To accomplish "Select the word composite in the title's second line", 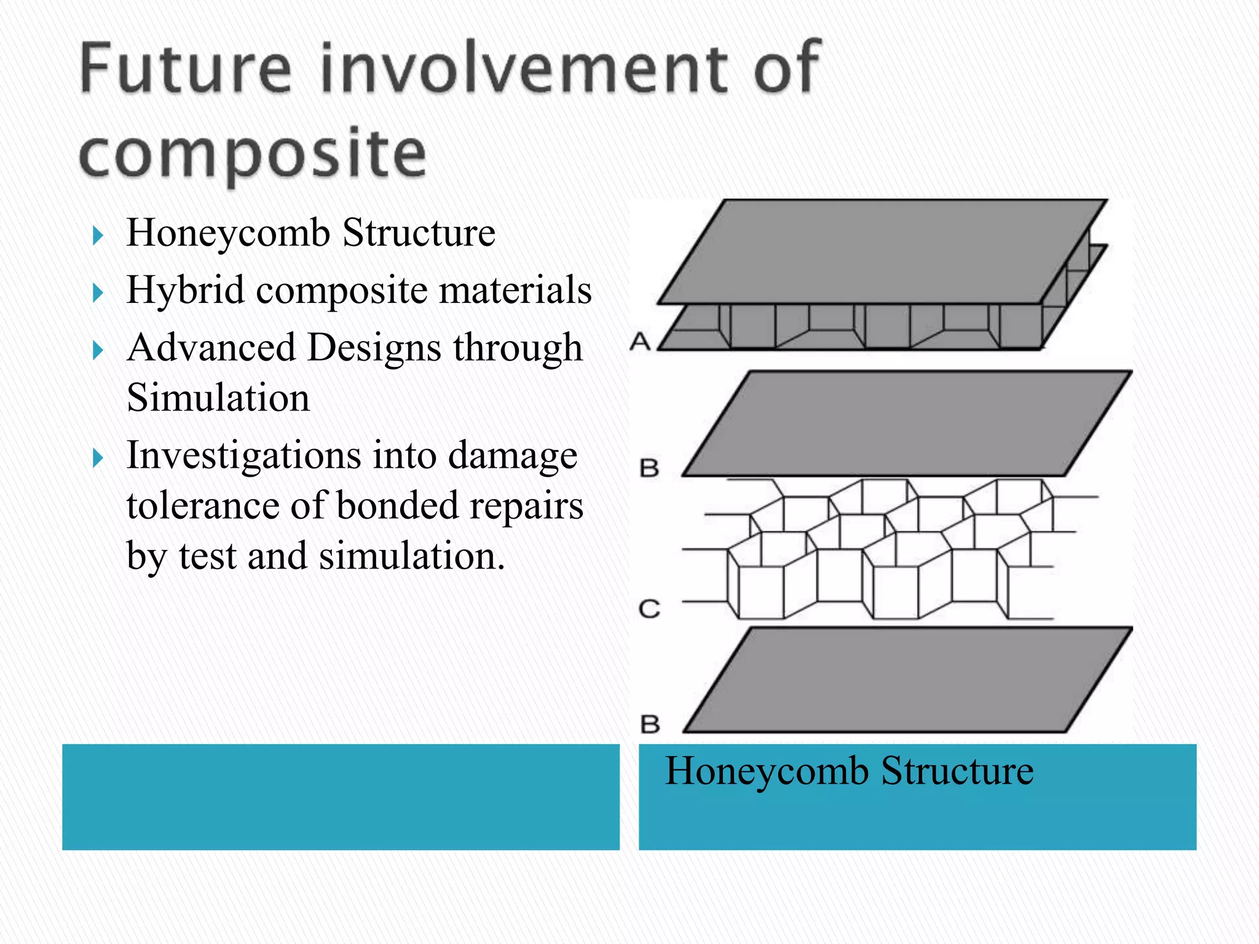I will (x=252, y=153).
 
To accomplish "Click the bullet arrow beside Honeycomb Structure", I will (x=98, y=235).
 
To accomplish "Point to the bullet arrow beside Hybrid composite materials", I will (x=98, y=292).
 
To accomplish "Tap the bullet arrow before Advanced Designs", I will (x=98, y=350).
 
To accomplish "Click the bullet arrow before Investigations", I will (x=98, y=457).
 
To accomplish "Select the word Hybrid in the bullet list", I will (x=185, y=290).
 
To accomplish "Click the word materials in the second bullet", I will (x=515, y=290).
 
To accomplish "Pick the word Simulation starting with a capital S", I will (x=218, y=398).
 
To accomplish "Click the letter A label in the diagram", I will (x=640, y=340).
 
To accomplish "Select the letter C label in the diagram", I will (x=649, y=609).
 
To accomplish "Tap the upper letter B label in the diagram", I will (x=649, y=468).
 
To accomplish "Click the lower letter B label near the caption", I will (x=650, y=724).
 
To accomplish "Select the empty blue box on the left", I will (x=341, y=796).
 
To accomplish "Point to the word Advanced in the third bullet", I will (x=210, y=348).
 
